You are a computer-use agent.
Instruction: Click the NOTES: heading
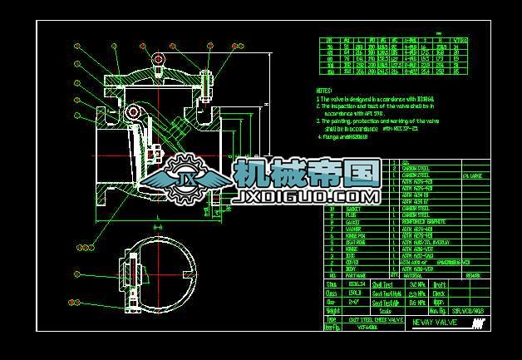click(324, 89)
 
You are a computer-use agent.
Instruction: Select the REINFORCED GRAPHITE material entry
click(423, 221)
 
